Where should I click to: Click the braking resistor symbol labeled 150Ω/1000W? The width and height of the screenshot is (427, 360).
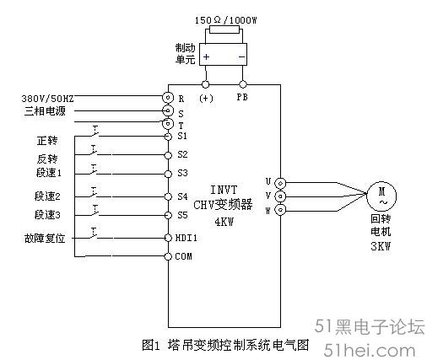click(224, 30)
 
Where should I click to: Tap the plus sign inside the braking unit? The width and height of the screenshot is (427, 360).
click(206, 56)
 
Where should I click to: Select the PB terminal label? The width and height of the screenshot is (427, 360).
click(242, 97)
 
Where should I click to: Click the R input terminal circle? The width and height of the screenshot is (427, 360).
click(168, 98)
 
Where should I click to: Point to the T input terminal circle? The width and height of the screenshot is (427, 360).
click(168, 123)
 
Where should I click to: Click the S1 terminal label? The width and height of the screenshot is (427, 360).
click(182, 136)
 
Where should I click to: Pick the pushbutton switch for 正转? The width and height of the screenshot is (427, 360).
click(95, 132)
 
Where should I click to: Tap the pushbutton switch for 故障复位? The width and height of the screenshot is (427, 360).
click(95, 234)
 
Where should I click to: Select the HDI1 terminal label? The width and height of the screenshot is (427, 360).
click(186, 238)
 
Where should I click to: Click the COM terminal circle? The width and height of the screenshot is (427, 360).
click(168, 256)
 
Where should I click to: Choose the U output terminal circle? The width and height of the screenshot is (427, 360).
click(280, 183)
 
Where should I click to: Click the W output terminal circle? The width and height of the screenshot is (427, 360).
click(280, 210)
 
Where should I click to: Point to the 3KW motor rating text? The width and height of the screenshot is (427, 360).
click(381, 246)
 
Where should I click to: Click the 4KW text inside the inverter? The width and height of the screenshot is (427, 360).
click(224, 223)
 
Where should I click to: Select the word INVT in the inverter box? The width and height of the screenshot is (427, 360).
click(224, 190)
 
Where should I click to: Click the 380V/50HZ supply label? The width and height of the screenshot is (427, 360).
click(47, 99)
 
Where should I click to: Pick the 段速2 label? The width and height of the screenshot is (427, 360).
click(47, 196)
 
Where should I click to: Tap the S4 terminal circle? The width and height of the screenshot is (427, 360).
click(168, 196)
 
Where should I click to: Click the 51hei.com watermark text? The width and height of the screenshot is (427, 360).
click(370, 351)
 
